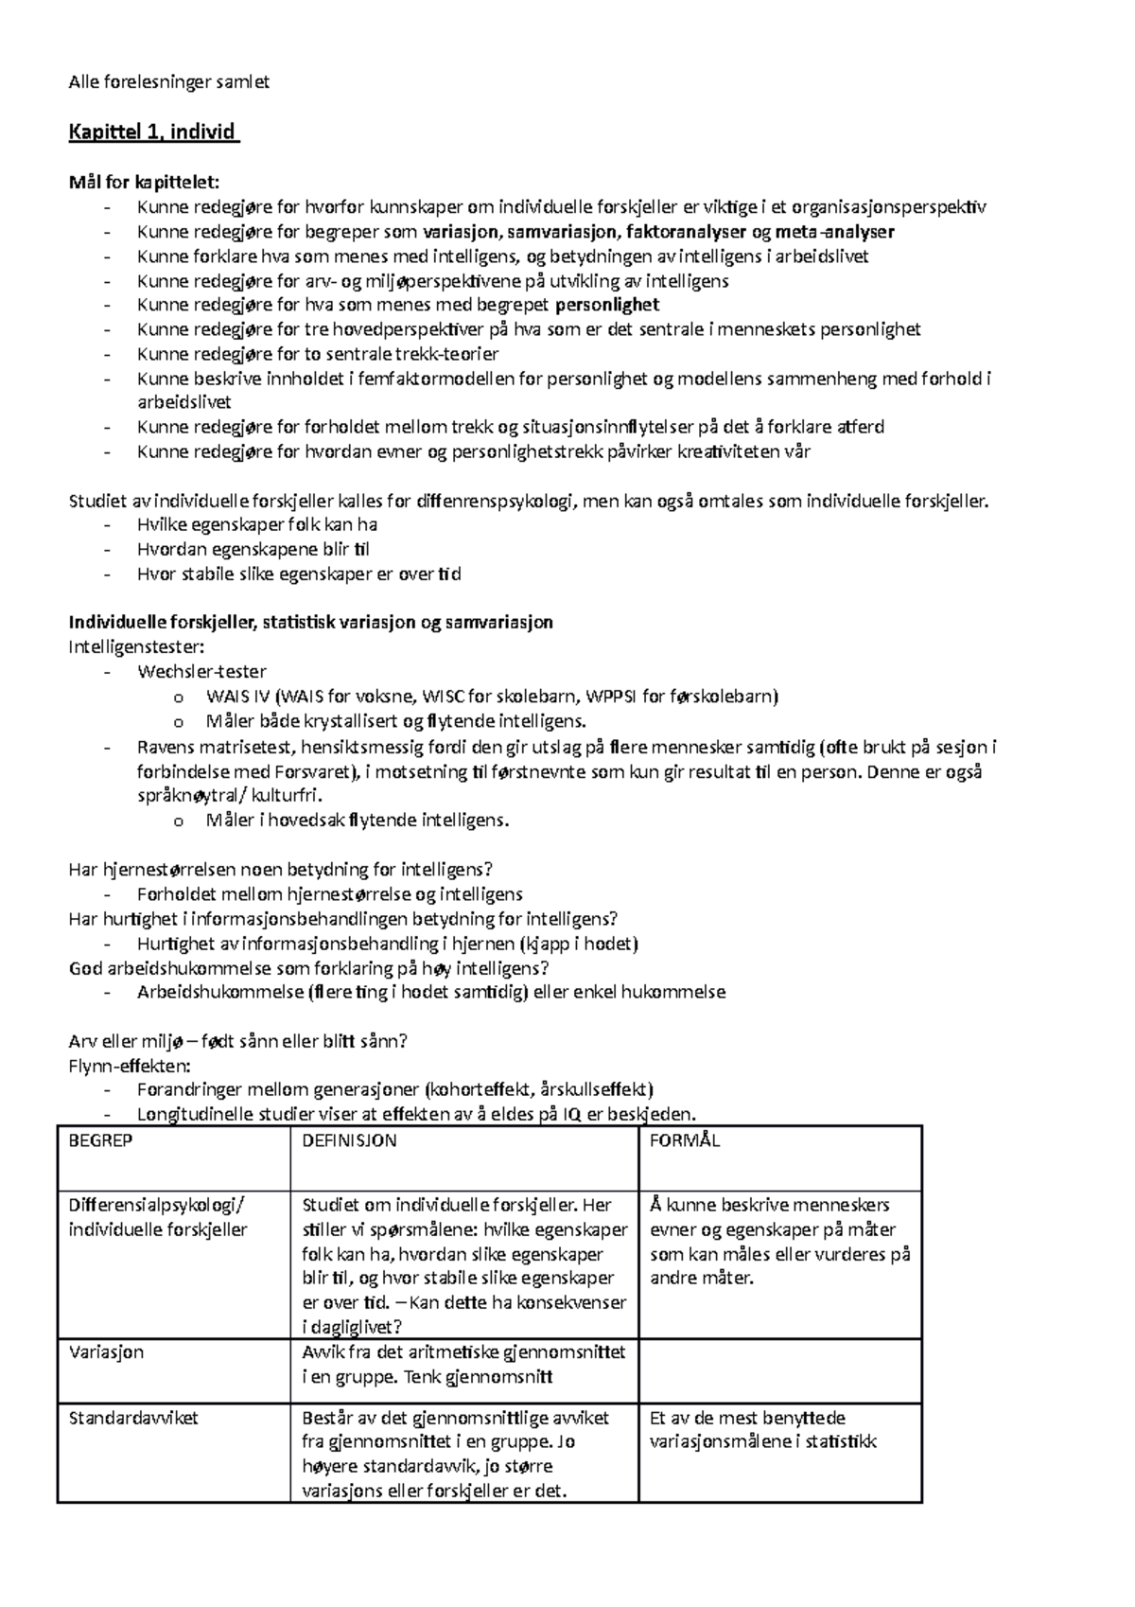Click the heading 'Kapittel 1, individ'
pyautogui.click(x=152, y=132)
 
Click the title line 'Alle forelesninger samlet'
pyautogui.click(x=169, y=82)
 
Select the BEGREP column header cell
pyautogui.click(x=100, y=1140)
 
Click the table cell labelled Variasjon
pyautogui.click(x=106, y=1352)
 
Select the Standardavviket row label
pyautogui.click(x=133, y=1418)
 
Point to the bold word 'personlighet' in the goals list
pyautogui.click(x=606, y=305)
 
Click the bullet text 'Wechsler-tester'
pyautogui.click(x=201, y=672)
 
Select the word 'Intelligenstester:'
pyautogui.click(x=136, y=647)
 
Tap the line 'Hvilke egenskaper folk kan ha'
pyautogui.click(x=257, y=524)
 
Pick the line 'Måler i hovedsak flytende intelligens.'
pyautogui.click(x=358, y=821)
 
